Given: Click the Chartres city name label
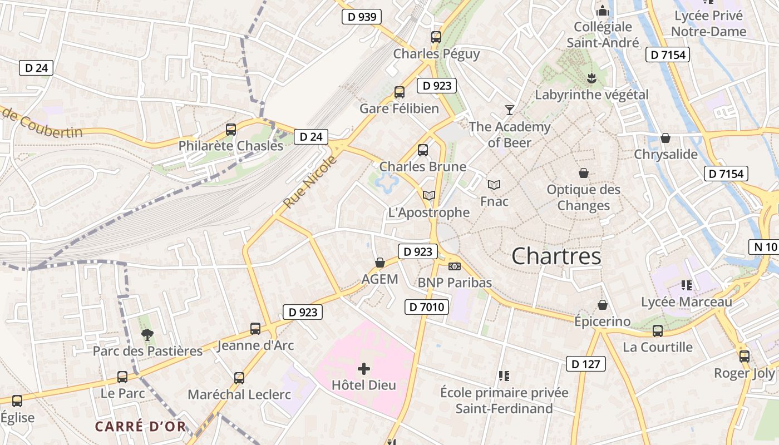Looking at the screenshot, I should [556, 256].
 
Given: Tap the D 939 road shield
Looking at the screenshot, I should [362, 17].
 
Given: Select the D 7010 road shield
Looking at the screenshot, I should [426, 306].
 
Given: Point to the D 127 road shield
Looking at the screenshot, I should [586, 364].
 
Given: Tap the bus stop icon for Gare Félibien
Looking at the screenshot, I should [399, 92].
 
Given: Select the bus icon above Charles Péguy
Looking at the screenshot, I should [436, 38].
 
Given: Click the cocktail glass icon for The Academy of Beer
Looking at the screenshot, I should [509, 110].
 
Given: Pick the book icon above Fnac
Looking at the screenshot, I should [494, 185].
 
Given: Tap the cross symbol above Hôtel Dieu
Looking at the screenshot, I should [364, 368].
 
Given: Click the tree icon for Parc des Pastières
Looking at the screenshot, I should [147, 334].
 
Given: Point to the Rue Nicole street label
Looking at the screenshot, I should [310, 183].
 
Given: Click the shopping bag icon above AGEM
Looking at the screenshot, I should [380, 263].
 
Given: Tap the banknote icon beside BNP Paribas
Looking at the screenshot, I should [455, 266].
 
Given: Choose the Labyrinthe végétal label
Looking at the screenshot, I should [591, 95].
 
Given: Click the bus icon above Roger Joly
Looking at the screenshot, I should [744, 357].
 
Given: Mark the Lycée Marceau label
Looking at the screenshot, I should [687, 302].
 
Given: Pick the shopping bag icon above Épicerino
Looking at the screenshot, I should [602, 305].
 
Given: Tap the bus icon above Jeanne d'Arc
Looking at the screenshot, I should [255, 329].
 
